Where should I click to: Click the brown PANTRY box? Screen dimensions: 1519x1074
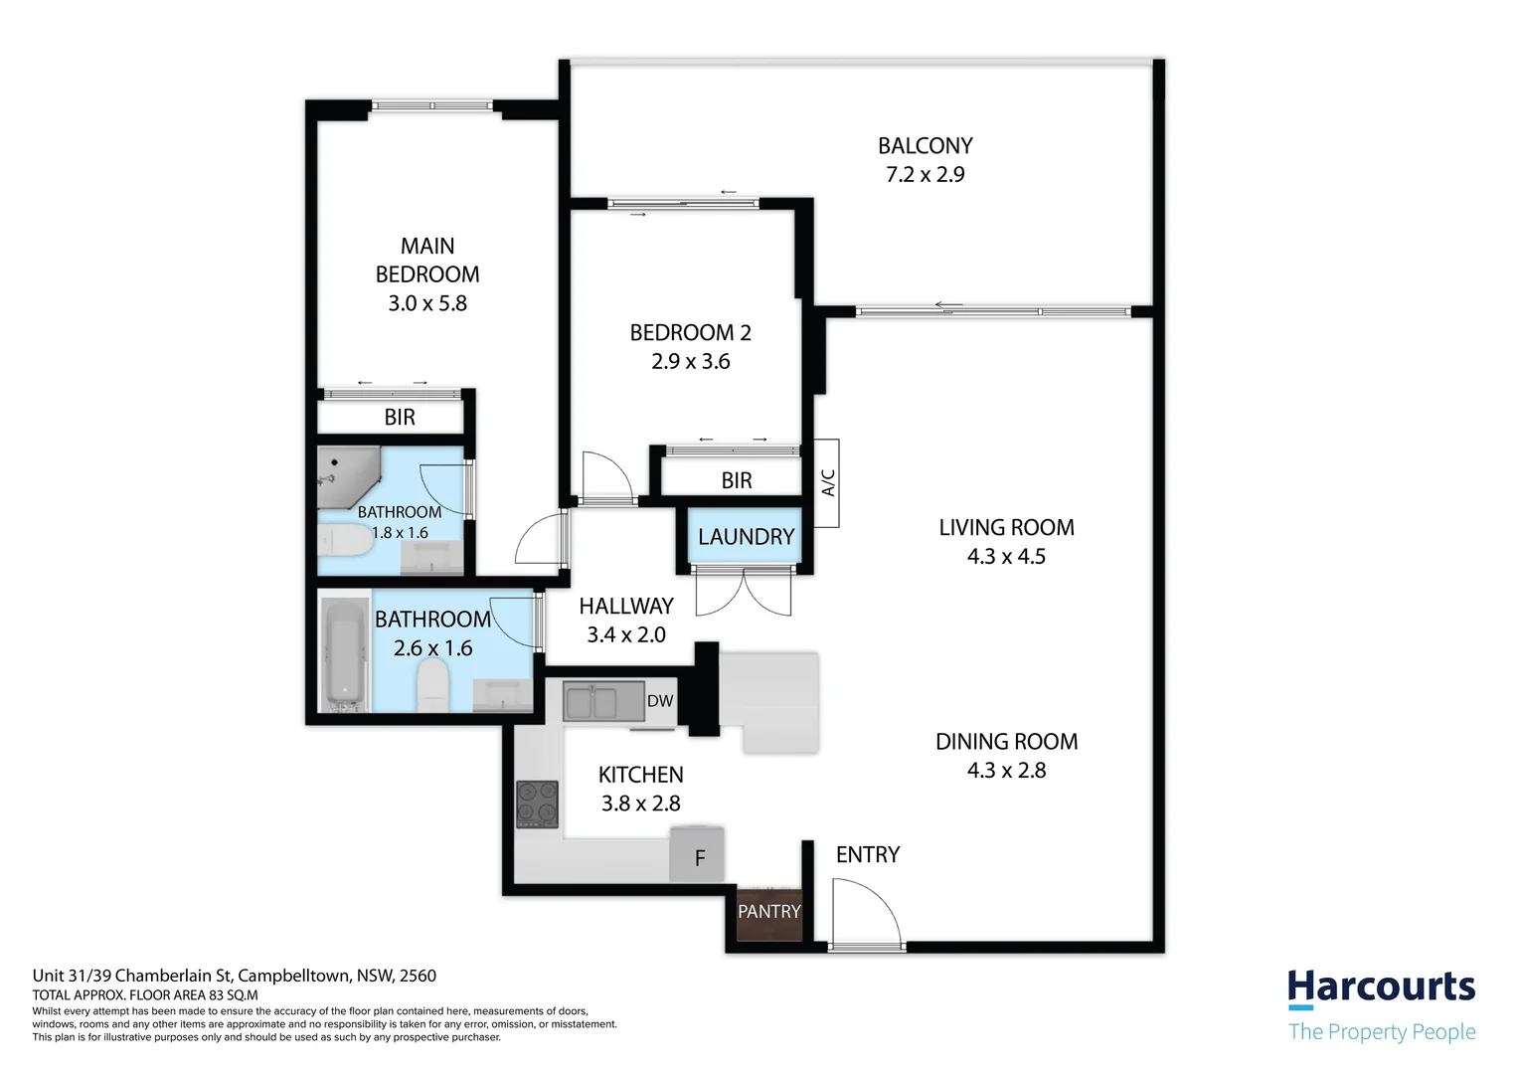(769, 913)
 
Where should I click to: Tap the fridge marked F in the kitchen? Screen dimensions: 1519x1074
(697, 853)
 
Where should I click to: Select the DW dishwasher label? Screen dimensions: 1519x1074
(660, 701)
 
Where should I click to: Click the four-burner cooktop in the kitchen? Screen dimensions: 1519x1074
(537, 804)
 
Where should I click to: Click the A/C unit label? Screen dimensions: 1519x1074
(828, 482)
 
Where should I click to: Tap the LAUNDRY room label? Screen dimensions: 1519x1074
(746, 537)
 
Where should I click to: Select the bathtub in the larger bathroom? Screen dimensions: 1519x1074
(346, 655)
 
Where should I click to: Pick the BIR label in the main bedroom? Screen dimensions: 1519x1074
(400, 418)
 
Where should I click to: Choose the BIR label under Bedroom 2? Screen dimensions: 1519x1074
(737, 480)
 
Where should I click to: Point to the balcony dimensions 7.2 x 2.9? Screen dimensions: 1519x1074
(925, 174)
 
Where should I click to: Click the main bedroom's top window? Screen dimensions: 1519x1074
(432, 105)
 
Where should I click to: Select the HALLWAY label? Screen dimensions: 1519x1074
(626, 606)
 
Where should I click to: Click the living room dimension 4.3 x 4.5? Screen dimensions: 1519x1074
(1006, 556)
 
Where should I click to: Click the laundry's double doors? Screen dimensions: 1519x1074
(744, 591)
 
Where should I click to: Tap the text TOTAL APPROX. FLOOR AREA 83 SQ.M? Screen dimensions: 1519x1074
(145, 995)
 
